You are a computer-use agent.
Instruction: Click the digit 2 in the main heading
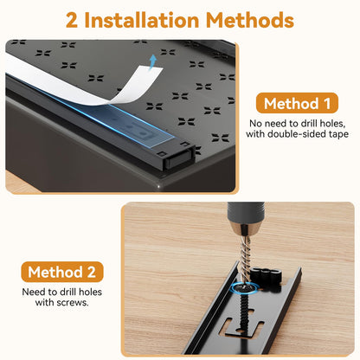[x=72, y=20]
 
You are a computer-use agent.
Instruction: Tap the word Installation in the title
[x=142, y=20]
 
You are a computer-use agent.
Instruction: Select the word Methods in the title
[x=250, y=20]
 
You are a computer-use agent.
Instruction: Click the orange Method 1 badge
[x=297, y=103]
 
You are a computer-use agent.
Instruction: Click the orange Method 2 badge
[x=62, y=272]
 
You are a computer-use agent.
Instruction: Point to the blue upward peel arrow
[x=152, y=62]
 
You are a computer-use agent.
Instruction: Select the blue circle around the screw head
[x=245, y=287]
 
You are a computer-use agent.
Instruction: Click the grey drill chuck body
[x=246, y=214]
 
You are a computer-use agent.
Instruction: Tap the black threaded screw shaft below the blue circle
[x=244, y=315]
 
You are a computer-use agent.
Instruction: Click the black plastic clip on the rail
[x=266, y=276]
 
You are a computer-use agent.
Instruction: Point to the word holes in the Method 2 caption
[x=90, y=292]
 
